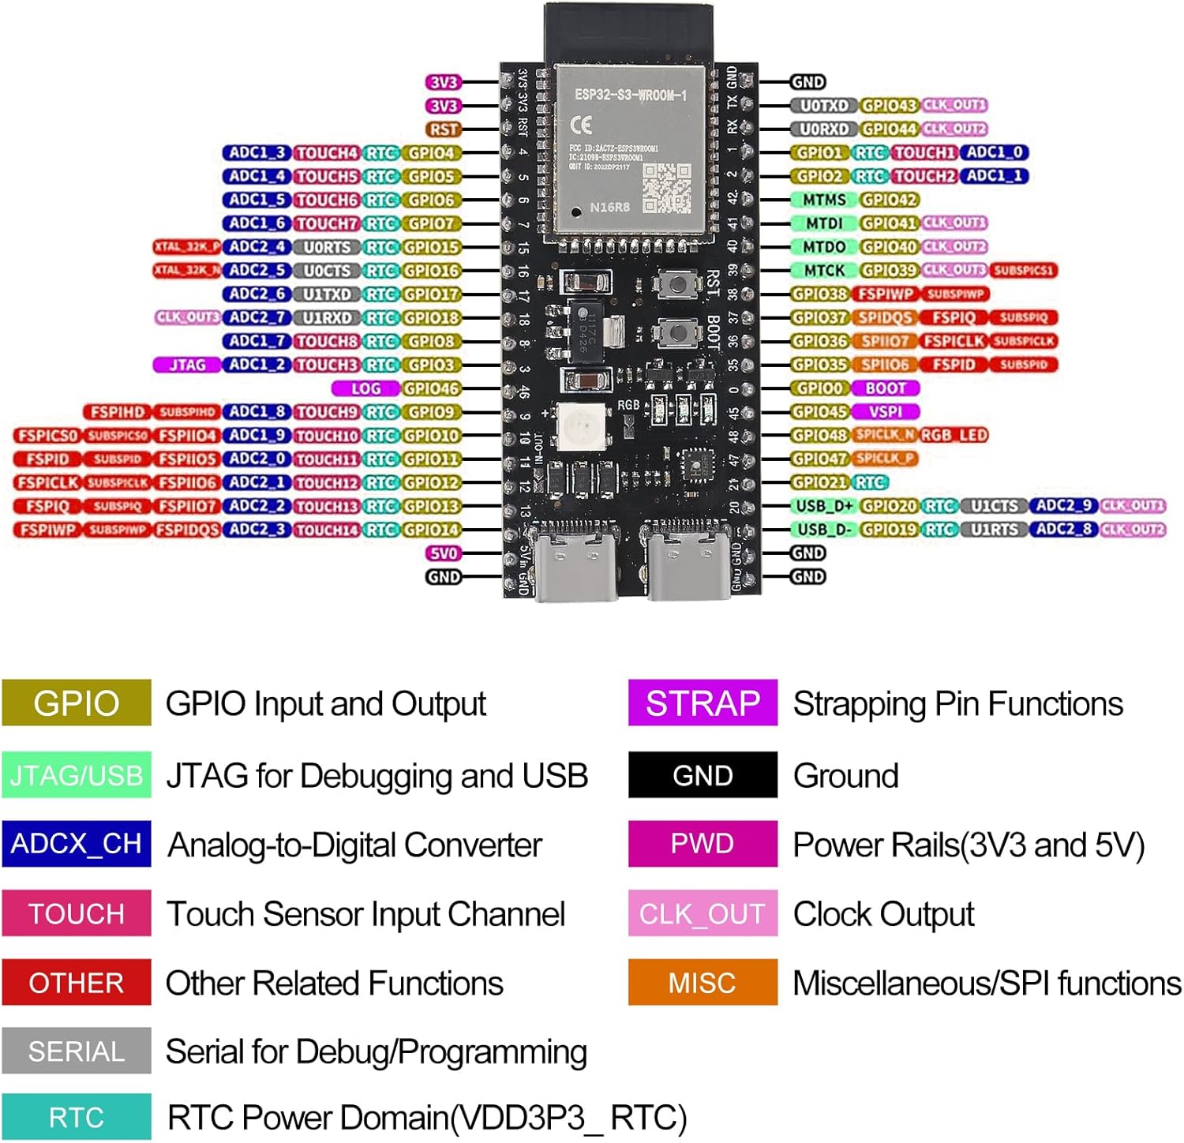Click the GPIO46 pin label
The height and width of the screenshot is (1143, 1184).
[x=431, y=388]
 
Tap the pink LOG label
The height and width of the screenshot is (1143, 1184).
[x=365, y=388]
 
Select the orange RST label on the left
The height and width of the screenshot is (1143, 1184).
[x=444, y=129]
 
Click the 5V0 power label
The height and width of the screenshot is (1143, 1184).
[x=444, y=553]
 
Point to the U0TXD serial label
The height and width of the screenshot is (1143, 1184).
[x=824, y=106]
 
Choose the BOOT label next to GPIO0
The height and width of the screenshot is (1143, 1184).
[x=886, y=388]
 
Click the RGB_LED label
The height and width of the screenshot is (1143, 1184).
[x=954, y=435]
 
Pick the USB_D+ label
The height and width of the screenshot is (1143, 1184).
[x=824, y=506]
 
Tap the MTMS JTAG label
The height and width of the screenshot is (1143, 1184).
[x=824, y=200]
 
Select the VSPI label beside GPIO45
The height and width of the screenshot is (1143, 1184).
[x=886, y=412]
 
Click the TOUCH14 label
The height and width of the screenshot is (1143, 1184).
[x=327, y=530]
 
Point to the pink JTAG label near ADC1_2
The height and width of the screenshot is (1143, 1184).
[x=187, y=365]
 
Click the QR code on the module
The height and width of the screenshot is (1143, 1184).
[x=666, y=188]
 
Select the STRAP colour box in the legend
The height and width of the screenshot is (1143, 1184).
[x=703, y=703]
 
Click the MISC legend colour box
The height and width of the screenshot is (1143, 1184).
[x=703, y=983]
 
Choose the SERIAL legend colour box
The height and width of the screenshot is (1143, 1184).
[x=76, y=1051]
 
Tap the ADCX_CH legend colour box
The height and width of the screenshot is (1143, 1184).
[x=76, y=844]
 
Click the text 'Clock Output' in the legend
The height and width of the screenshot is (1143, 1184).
[x=883, y=914]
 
